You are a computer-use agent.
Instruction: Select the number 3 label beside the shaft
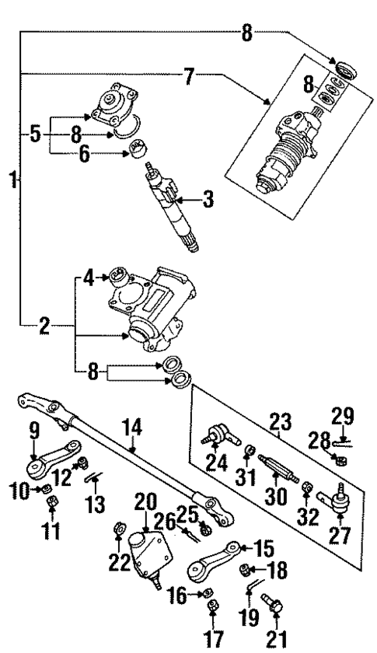[x=207, y=201]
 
